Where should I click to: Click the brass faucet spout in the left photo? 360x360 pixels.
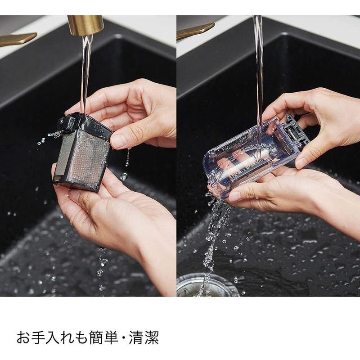[85, 25]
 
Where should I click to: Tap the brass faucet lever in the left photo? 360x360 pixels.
[17, 39]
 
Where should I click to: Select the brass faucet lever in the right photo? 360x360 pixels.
[195, 31]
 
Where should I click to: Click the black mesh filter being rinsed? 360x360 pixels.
[83, 152]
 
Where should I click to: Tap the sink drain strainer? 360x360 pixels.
[207, 286]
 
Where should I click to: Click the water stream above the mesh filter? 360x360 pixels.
[86, 73]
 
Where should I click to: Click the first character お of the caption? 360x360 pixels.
[23, 337]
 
